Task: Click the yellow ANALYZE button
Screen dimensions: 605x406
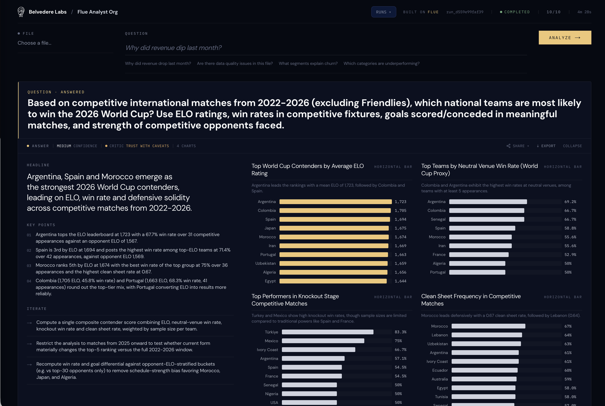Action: pyautogui.click(x=565, y=37)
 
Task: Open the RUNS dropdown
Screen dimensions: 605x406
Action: pyautogui.click(x=383, y=12)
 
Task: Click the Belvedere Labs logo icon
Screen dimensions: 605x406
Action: pyautogui.click(x=21, y=12)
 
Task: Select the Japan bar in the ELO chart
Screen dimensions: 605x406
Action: pyautogui.click(x=334, y=228)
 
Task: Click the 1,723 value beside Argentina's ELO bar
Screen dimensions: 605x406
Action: pyautogui.click(x=400, y=202)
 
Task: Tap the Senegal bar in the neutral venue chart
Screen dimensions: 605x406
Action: pyautogui.click(x=487, y=219)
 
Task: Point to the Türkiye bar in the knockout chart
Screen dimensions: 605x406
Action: pyautogui.click(x=328, y=332)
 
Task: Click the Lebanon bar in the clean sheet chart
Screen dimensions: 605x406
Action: pyautogui.click(x=487, y=335)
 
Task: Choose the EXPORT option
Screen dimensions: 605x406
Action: pyautogui.click(x=546, y=146)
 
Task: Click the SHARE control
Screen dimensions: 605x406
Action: pyautogui.click(x=518, y=146)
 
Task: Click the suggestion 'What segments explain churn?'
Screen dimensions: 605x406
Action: pyautogui.click(x=308, y=63)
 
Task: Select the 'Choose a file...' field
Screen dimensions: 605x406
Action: pyautogui.click(x=34, y=43)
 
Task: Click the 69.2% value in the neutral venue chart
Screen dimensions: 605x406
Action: pyautogui.click(x=570, y=202)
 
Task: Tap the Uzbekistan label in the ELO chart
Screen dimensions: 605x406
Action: pyautogui.click(x=265, y=263)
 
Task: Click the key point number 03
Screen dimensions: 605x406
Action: pyautogui.click(x=29, y=266)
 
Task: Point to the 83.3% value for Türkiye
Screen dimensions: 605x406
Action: pyautogui.click(x=400, y=332)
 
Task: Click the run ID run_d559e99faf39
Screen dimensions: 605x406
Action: pyautogui.click(x=465, y=12)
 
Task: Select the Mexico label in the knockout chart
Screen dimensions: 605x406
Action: pyautogui.click(x=271, y=341)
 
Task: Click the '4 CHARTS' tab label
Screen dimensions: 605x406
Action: pyautogui.click(x=186, y=146)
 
